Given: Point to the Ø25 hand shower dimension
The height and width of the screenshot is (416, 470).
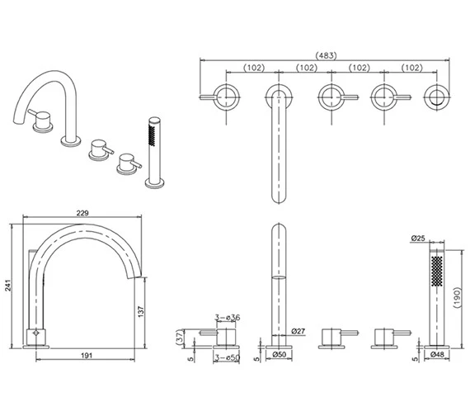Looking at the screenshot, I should (419, 239).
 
